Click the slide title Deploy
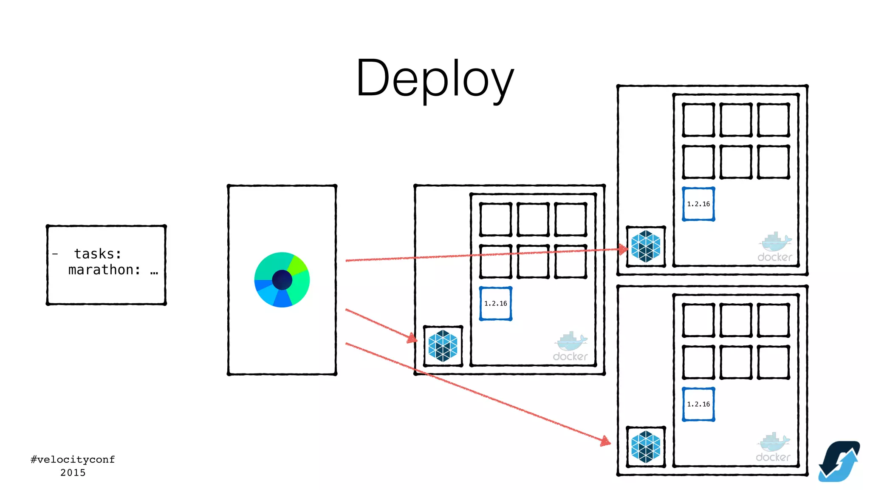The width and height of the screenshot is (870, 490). (x=435, y=79)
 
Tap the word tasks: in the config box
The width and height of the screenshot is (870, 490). (x=98, y=254)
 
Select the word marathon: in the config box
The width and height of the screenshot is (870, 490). (x=104, y=270)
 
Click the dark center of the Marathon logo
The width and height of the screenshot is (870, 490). (x=282, y=280)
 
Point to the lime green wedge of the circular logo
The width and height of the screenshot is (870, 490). (x=297, y=264)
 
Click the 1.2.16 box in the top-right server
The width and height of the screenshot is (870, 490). (x=698, y=204)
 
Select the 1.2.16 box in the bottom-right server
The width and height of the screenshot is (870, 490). (x=698, y=404)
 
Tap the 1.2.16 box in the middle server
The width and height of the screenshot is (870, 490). (x=495, y=304)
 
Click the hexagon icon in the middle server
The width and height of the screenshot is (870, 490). (x=443, y=346)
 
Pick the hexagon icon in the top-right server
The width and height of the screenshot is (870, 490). (x=646, y=246)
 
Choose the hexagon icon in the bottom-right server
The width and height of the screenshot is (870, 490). (x=646, y=447)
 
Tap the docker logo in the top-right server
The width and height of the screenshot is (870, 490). (x=775, y=247)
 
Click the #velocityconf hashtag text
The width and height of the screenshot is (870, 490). (x=73, y=459)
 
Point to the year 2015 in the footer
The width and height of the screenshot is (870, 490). (x=73, y=473)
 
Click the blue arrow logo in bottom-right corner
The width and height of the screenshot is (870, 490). (x=839, y=462)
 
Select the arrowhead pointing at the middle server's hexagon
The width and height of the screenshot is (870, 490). (x=412, y=338)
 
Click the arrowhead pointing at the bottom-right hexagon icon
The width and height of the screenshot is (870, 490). (x=605, y=442)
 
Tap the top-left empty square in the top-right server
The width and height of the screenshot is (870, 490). (x=698, y=120)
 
